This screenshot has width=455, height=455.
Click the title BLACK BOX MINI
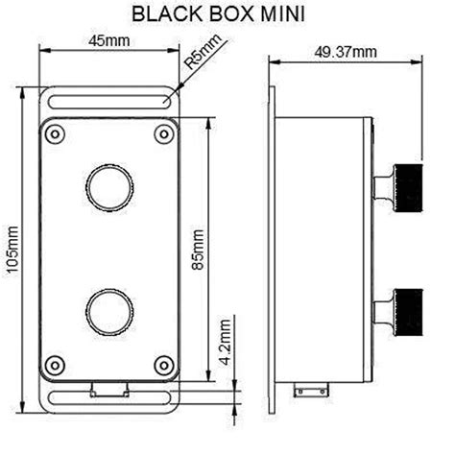pos(227,16)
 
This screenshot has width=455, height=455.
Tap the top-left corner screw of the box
pos(54,132)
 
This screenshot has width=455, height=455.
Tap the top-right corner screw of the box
pos(160,132)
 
